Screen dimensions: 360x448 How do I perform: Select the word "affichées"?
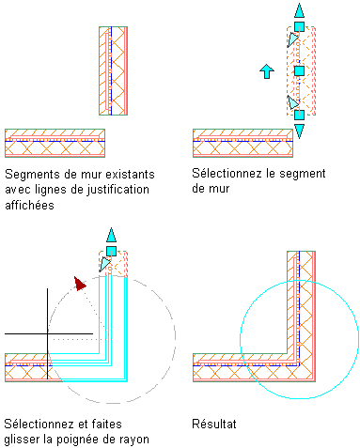pos(29,206)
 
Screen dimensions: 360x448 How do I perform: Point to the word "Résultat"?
pos(214,424)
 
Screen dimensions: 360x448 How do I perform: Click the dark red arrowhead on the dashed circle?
pos(80,283)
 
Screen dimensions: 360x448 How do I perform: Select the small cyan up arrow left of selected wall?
pos(267,71)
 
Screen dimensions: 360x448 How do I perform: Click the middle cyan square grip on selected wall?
pos(299,70)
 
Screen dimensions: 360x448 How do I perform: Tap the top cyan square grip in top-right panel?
pos(299,26)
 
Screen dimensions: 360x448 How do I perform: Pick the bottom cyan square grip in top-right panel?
pos(299,115)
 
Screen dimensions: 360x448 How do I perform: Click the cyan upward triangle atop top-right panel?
pos(299,11)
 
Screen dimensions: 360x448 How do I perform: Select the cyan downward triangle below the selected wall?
pos(299,131)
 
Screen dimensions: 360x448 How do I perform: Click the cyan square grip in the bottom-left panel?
pos(111,251)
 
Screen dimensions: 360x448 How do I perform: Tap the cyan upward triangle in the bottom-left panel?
pos(111,236)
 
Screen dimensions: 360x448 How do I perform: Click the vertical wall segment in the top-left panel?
pos(113,70)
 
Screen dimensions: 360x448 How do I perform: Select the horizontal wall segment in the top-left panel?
pos(55,143)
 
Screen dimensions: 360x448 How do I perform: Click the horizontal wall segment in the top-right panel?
pos(243,143)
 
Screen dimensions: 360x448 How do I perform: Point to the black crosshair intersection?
pos(48,333)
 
